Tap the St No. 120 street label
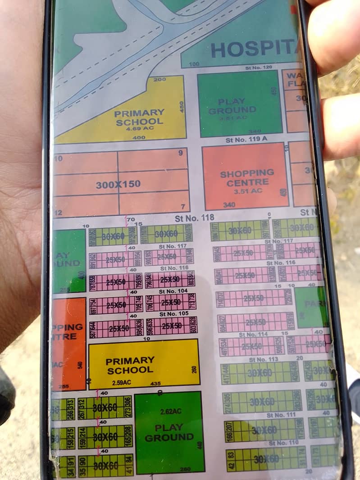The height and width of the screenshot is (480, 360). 259,68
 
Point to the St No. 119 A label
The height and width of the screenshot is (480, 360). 246,140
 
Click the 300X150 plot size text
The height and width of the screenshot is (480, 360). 118,184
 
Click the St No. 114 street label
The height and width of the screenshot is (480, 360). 254,335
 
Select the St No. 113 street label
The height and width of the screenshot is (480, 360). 264,359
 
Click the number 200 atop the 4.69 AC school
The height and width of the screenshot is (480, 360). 160,80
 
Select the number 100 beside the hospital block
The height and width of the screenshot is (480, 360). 194,64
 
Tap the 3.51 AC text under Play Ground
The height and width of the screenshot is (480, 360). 233,118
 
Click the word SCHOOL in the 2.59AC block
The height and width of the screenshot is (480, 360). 123,370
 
